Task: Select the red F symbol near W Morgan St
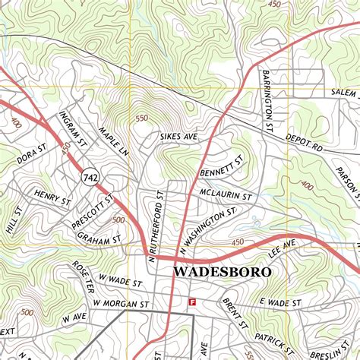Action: pos(192,302)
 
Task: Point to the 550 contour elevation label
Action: pos(141,118)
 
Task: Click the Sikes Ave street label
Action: pos(178,137)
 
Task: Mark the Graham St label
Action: pos(99,238)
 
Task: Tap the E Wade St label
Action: pos(280,302)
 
